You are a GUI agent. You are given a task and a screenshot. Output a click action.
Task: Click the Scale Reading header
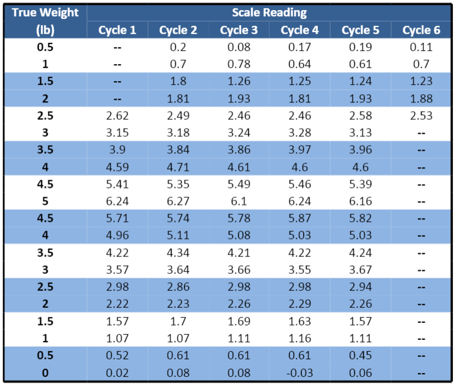click(269, 12)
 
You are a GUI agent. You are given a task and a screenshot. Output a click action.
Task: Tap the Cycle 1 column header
click(117, 30)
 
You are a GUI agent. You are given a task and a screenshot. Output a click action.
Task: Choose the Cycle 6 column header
click(421, 30)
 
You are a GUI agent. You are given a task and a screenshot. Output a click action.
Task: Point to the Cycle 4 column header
click(300, 30)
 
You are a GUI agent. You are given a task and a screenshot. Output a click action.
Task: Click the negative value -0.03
click(300, 373)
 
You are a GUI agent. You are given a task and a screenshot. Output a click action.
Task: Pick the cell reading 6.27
click(178, 202)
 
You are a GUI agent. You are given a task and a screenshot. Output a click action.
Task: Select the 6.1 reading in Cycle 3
click(239, 202)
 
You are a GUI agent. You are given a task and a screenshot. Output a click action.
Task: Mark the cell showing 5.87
click(300, 219)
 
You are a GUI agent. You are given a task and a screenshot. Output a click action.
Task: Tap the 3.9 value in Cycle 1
click(117, 150)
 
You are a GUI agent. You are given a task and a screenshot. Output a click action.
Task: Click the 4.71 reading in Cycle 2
click(178, 167)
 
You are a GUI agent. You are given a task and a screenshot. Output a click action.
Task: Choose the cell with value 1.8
click(178, 81)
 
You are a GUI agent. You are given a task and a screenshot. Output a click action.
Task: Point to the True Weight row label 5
click(45, 202)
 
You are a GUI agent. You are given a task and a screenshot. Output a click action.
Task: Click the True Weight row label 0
click(45, 373)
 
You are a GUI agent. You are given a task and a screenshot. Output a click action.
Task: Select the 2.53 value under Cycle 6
click(421, 116)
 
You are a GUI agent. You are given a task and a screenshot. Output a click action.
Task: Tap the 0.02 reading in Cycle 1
click(117, 373)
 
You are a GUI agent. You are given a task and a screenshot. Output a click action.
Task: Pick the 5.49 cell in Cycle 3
click(239, 185)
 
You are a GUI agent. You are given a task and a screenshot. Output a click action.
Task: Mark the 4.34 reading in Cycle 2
click(178, 253)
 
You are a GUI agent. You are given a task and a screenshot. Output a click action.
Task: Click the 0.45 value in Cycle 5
click(361, 356)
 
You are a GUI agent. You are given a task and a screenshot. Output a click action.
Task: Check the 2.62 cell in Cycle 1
click(117, 116)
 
